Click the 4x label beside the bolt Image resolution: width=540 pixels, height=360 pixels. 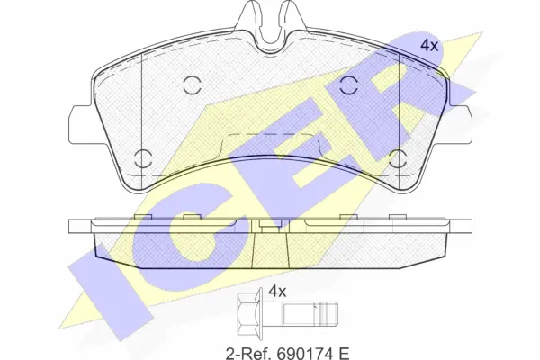click(x=277, y=292)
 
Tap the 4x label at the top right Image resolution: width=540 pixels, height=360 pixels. click(x=429, y=46)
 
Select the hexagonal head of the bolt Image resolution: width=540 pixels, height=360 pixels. click(x=248, y=313)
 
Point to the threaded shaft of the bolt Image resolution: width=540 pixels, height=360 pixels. click(x=310, y=313)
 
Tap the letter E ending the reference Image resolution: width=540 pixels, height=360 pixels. click(x=344, y=353)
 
